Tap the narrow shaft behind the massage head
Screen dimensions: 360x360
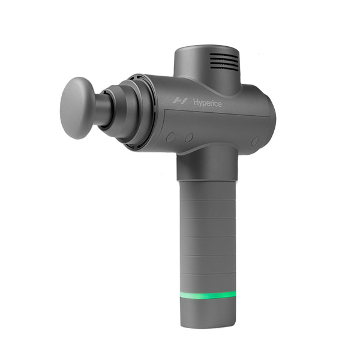coord(104,110)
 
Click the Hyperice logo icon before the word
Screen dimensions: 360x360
coord(178,103)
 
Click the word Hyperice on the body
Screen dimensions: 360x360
coord(208,103)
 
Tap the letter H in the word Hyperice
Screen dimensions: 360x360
coord(196,103)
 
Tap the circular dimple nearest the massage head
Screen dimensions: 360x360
coord(170,137)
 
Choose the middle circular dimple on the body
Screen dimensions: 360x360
coord(189,137)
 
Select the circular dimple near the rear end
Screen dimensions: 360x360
coord(255,140)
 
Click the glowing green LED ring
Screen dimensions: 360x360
coord(208,295)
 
